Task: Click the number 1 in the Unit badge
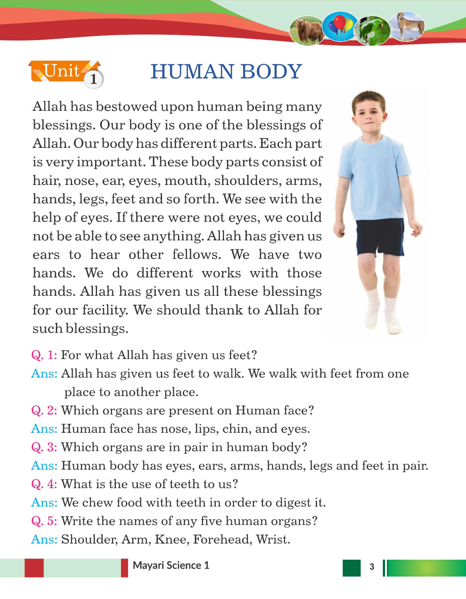tap(93, 79)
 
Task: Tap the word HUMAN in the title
tap(192, 72)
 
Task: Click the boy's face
tap(369, 112)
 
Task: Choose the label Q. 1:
tap(44, 355)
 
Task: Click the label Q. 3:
tap(44, 447)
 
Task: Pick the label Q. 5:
tap(44, 521)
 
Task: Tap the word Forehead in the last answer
tap(223, 539)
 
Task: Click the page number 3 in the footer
tap(372, 566)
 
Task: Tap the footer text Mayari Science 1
tap(171, 565)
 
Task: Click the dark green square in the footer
tap(351, 568)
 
